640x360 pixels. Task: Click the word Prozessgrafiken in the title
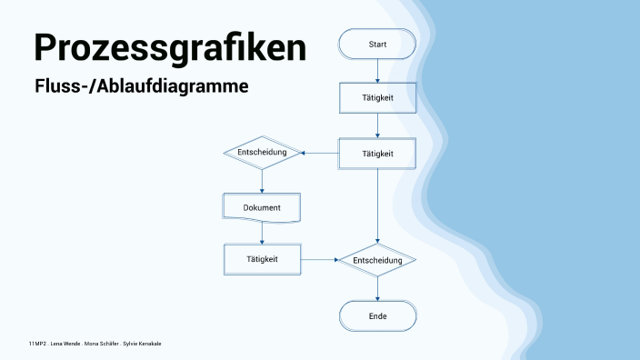pos(169,47)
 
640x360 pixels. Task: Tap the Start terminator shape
pos(377,44)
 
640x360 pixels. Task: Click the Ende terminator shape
pos(377,316)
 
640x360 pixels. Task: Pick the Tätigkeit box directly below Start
pos(377,98)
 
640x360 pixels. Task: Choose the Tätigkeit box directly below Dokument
pos(262,259)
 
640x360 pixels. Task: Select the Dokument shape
pos(262,207)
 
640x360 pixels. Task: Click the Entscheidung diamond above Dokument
pos(262,153)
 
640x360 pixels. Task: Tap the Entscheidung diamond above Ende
pos(377,260)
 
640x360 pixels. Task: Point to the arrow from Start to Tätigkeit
pos(377,71)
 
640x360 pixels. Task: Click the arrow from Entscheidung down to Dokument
pos(262,180)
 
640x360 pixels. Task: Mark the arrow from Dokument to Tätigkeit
pos(262,233)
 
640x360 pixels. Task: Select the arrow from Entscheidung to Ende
pos(377,288)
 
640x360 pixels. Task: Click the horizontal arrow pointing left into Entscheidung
pos(320,153)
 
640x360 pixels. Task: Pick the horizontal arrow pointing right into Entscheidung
pos(318,260)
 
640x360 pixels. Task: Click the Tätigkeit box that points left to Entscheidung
pos(377,154)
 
